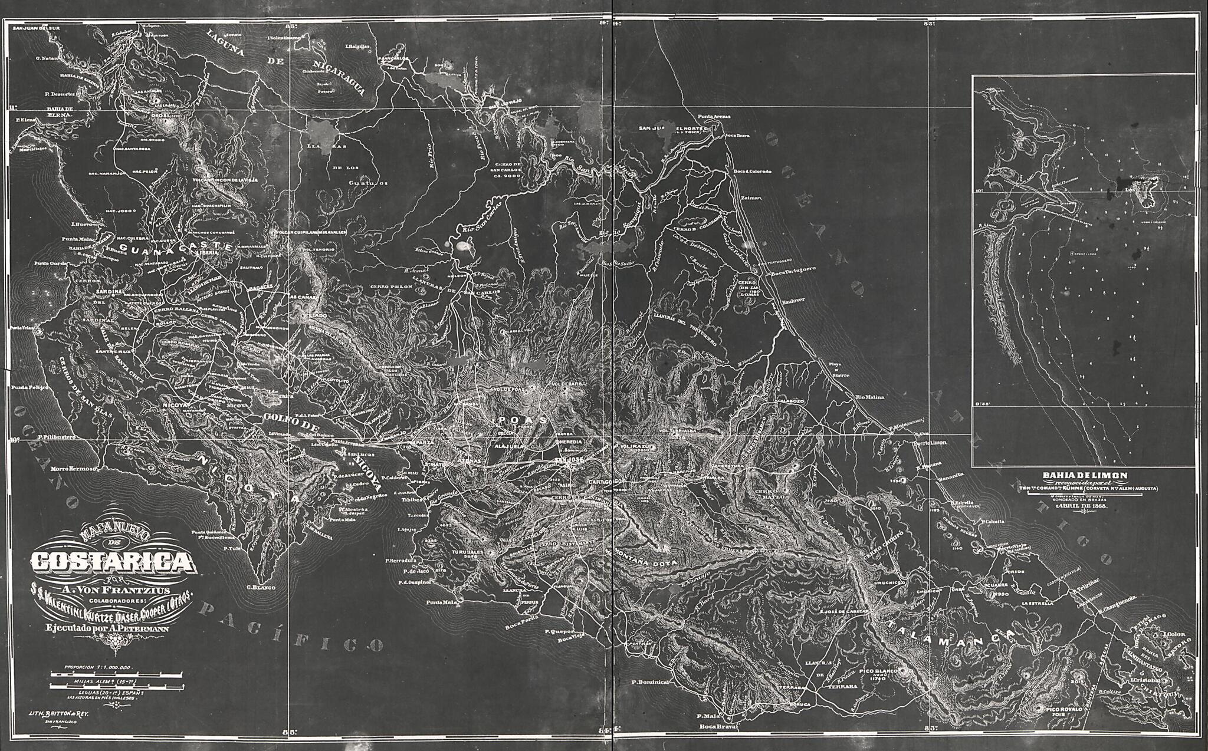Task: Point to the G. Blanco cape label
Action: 258,587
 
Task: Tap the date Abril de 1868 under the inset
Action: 1085,506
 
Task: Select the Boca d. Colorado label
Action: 752,172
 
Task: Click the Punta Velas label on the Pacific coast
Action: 22,328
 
